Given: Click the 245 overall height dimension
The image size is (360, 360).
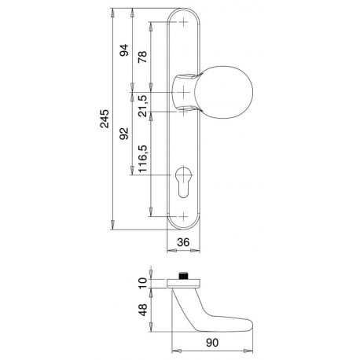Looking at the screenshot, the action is tap(105, 119).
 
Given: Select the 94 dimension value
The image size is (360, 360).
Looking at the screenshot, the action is tap(124, 50).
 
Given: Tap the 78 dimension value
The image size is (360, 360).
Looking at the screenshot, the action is tap(142, 57).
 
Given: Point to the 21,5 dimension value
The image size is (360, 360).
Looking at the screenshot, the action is tap(142, 106).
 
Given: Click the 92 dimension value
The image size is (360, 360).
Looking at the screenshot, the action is tap(124, 133).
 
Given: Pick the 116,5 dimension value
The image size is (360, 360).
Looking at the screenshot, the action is tap(143, 159).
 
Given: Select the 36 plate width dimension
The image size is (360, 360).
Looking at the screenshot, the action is tap(183, 242).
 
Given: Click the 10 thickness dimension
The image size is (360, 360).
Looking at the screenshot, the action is tap(143, 283).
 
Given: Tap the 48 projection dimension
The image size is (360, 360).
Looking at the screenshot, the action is tap(143, 310).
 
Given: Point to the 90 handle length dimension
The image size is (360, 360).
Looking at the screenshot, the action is tap(212, 343).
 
